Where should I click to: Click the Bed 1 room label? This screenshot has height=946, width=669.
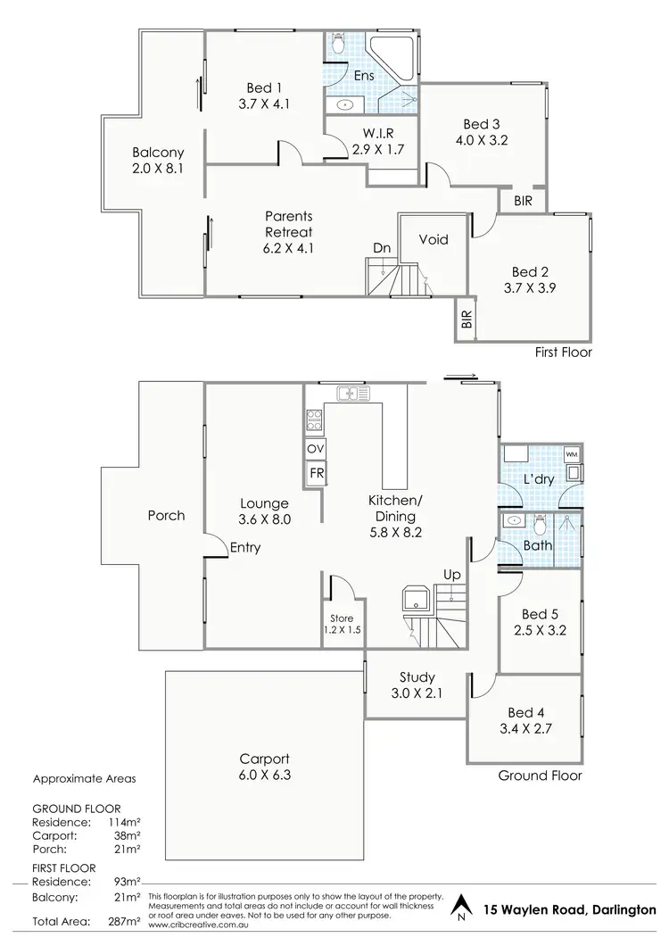tap(263, 95)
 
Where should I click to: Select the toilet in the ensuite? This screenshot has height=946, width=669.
tap(337, 44)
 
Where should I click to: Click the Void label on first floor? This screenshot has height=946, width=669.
tap(434, 240)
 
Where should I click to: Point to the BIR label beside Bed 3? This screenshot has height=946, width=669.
tap(523, 202)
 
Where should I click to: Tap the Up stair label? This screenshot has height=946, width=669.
tap(453, 574)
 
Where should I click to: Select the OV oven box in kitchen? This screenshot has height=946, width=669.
tap(315, 449)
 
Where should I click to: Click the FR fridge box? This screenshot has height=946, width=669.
tap(315, 473)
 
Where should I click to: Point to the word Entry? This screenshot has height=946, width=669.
tap(244, 547)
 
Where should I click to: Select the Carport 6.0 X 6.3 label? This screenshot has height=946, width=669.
tap(265, 767)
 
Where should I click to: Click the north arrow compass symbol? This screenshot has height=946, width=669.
tap(460, 909)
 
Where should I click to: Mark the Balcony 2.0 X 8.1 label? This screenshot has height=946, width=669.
tap(158, 159)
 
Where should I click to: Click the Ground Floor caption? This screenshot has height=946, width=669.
tap(541, 776)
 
